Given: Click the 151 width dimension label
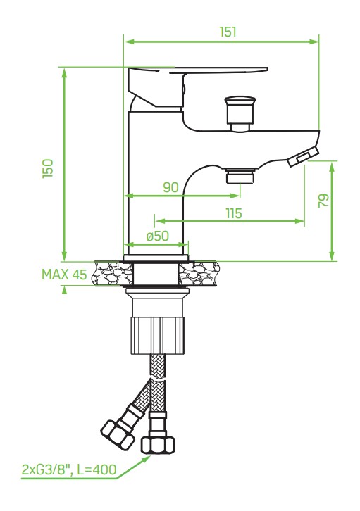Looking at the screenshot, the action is tap(228, 32).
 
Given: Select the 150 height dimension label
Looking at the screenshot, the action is tap(48, 168).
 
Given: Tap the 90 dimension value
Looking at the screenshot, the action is tap(171, 187).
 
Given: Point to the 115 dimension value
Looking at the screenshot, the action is tap(234, 213).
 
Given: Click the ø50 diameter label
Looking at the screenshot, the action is tap(158, 236).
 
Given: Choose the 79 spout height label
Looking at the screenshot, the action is tap(324, 201).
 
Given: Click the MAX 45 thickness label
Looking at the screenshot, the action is tap(64, 275).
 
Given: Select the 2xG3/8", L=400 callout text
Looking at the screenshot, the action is tap(69, 469).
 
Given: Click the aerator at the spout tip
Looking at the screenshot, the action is tap(303, 156).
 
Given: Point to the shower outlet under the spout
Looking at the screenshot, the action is tap(241, 176).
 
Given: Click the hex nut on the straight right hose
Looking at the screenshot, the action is tap(158, 445).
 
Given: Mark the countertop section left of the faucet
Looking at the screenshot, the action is tap(113, 274).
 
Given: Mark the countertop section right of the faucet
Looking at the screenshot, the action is tap(199, 274).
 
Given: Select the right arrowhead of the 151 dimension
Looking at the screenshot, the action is tap(314, 42).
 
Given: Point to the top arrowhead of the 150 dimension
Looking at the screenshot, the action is tap(64, 73).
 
